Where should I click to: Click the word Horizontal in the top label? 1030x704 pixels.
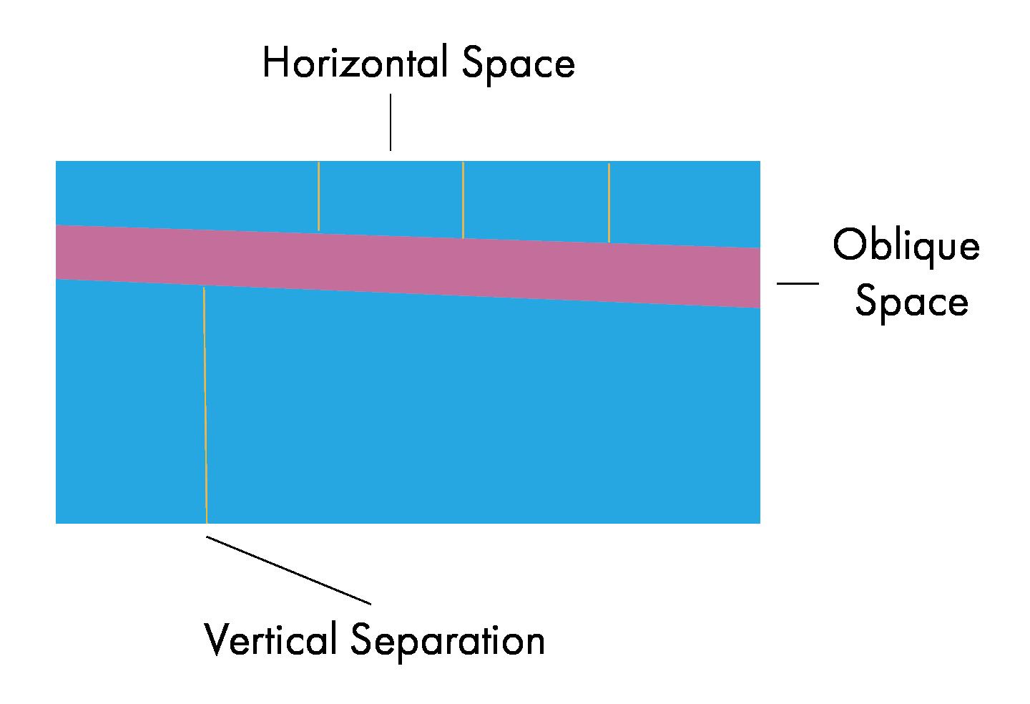pos(355,63)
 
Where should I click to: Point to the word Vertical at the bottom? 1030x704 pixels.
pos(270,639)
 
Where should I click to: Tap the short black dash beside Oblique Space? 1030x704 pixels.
pos(798,283)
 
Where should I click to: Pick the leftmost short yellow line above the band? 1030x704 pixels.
pos(318,196)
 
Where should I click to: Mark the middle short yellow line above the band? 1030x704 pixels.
pos(463,200)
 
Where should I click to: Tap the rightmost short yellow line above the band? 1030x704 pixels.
pos(609,203)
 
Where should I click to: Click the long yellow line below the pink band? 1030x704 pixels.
pos(205,405)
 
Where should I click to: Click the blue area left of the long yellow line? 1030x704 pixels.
pos(129,401)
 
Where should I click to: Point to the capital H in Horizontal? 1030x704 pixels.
pos(274,63)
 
